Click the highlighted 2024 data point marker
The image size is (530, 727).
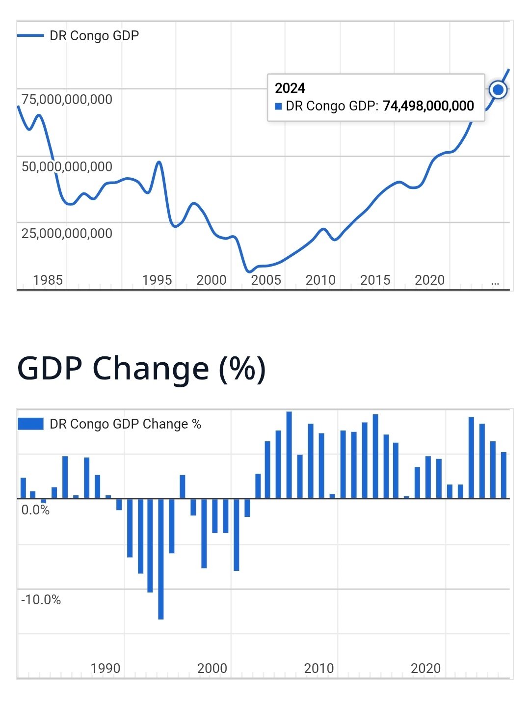pos(498,90)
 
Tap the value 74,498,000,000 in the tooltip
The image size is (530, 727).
pos(428,106)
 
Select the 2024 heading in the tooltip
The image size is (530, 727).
pos(290,88)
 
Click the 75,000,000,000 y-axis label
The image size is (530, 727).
pos(67,100)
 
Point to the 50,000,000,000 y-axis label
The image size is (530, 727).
pos(67,167)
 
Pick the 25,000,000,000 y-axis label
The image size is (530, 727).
pos(67,234)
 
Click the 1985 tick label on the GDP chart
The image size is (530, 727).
pos(48,280)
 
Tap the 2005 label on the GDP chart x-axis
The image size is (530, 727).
pos(266,280)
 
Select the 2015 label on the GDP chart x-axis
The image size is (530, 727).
pos(375,280)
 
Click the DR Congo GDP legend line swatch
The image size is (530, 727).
pos(30,36)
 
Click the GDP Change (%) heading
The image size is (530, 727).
pos(141,369)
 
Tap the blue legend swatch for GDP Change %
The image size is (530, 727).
pos(30,424)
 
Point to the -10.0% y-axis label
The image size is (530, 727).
pos(41,600)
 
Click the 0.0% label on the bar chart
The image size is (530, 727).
pos(35,510)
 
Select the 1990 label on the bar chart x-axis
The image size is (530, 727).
pos(106,669)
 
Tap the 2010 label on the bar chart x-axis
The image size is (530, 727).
pos(318,669)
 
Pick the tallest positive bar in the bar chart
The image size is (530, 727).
pos(289,455)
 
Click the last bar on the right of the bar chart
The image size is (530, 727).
pos(503,475)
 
